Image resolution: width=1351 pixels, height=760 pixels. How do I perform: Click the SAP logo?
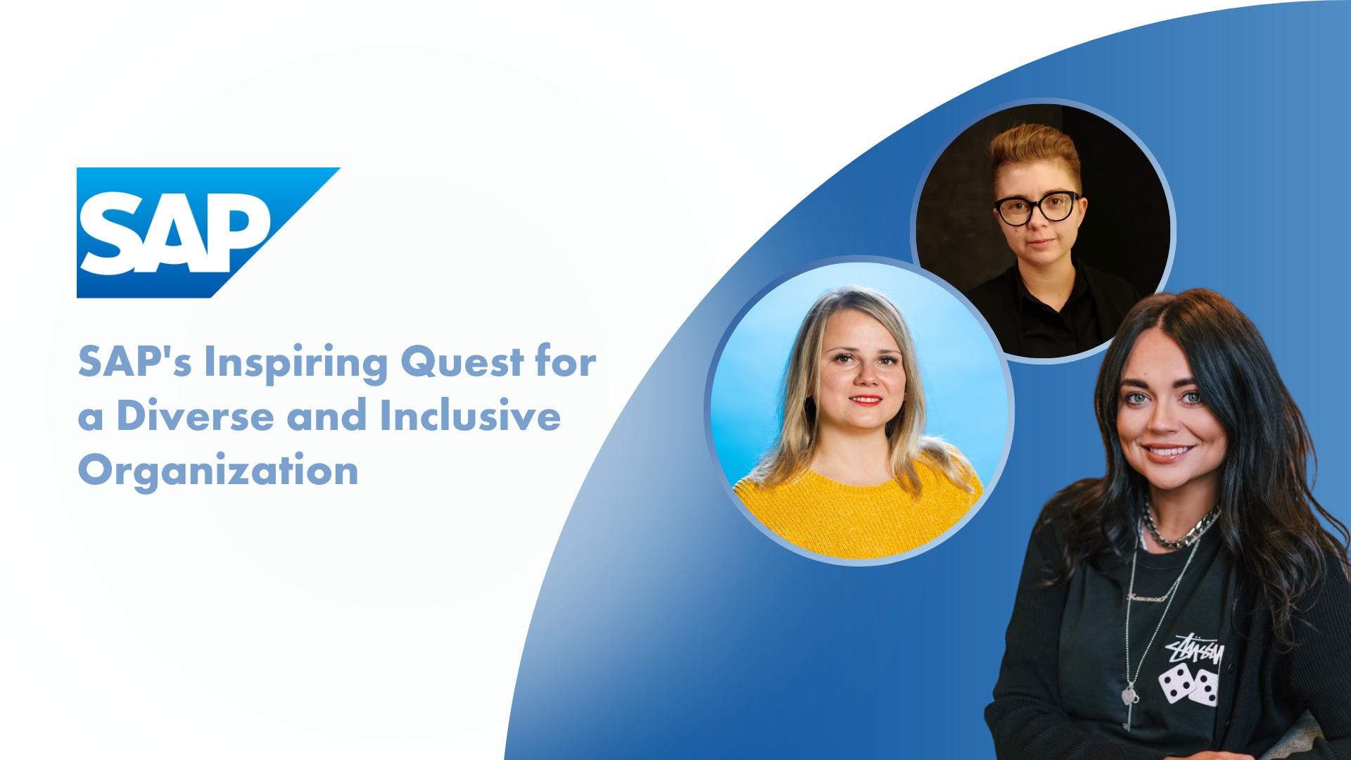pyautogui.click(x=208, y=233)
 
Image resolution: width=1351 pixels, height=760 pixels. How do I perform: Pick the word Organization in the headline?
pyautogui.click(x=218, y=471)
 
